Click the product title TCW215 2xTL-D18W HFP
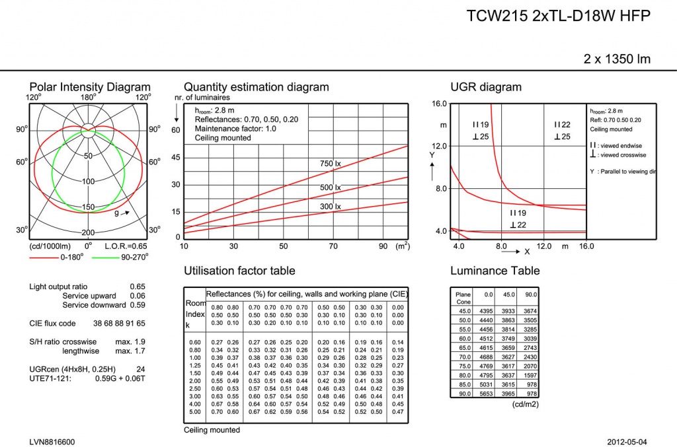pyautogui.click(x=558, y=16)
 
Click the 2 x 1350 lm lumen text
pyautogui.click(x=617, y=59)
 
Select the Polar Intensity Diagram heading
pyautogui.click(x=90, y=86)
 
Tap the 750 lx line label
pyautogui.click(x=331, y=163)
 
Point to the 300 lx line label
pyautogui.click(x=331, y=207)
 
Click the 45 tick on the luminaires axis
pyautogui.click(x=176, y=157)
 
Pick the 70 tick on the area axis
pyautogui.click(x=333, y=246)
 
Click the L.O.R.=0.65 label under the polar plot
pyautogui.click(x=126, y=246)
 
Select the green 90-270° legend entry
pyautogui.click(x=120, y=258)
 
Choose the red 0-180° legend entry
pyautogui.click(x=57, y=258)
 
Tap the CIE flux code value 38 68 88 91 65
pyautogui.click(x=119, y=324)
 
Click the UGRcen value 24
pyautogui.click(x=140, y=369)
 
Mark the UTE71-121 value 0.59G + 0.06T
pyautogui.click(x=120, y=378)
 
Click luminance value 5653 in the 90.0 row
pyautogui.click(x=486, y=394)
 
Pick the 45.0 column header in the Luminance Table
pyautogui.click(x=508, y=294)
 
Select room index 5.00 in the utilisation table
pyautogui.click(x=195, y=411)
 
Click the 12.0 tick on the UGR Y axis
pyautogui.click(x=439, y=146)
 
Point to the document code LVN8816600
pyautogui.click(x=52, y=442)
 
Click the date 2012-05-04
pyautogui.click(x=627, y=442)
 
